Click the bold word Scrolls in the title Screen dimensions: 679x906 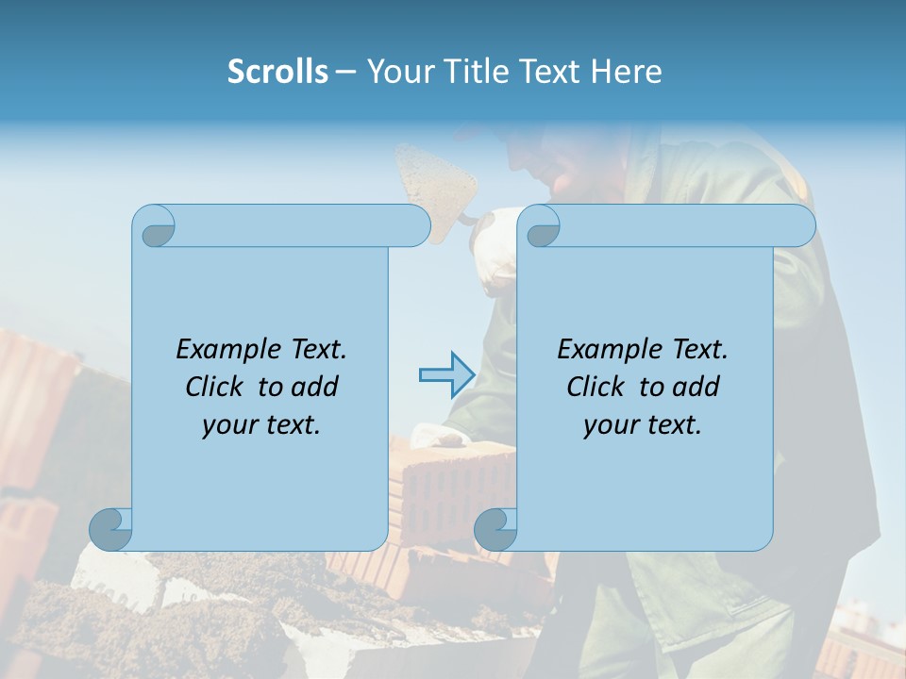[277, 72]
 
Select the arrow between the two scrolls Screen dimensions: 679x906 [445, 375]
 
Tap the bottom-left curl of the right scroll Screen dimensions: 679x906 [495, 529]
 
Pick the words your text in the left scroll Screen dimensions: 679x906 [261, 424]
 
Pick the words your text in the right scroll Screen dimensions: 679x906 [643, 424]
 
